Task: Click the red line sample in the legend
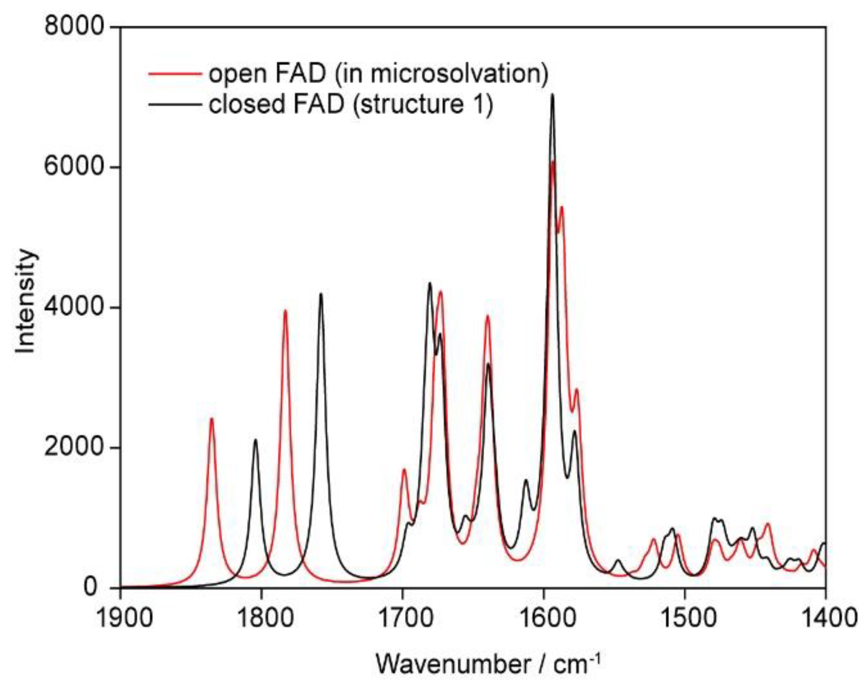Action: [x=174, y=74]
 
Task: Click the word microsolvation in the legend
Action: [x=440, y=74]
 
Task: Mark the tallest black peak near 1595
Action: [x=553, y=95]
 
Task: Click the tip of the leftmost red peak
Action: [x=212, y=418]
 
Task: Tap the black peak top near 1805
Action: [x=256, y=440]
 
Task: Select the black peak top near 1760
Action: [x=321, y=294]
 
